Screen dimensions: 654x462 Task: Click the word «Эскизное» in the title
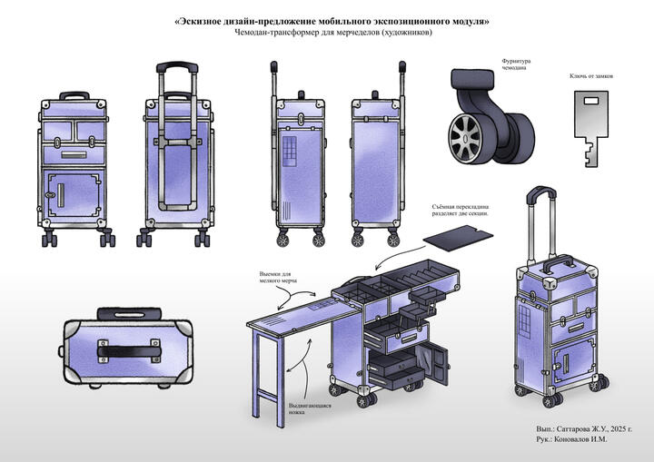(198, 21)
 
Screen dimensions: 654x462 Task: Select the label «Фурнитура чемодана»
(516, 64)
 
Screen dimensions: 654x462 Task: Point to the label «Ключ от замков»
(591, 76)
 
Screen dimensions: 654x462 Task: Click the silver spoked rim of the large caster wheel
(465, 137)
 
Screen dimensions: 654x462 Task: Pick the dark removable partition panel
(458, 238)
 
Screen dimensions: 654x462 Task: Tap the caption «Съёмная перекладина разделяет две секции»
(460, 211)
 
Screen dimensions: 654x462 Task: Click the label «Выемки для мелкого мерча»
(278, 277)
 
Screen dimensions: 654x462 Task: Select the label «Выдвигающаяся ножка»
(310, 408)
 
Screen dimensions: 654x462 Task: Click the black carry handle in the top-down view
(128, 350)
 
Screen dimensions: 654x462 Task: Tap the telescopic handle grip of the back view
(177, 67)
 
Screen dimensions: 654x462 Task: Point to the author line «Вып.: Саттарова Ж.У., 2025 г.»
(584, 428)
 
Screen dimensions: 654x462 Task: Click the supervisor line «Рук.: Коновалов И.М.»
(571, 439)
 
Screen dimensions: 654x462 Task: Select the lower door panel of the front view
(74, 195)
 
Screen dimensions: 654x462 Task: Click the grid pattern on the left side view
(290, 151)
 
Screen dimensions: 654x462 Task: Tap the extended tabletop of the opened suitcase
(303, 315)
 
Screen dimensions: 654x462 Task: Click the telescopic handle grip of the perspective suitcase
(541, 194)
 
